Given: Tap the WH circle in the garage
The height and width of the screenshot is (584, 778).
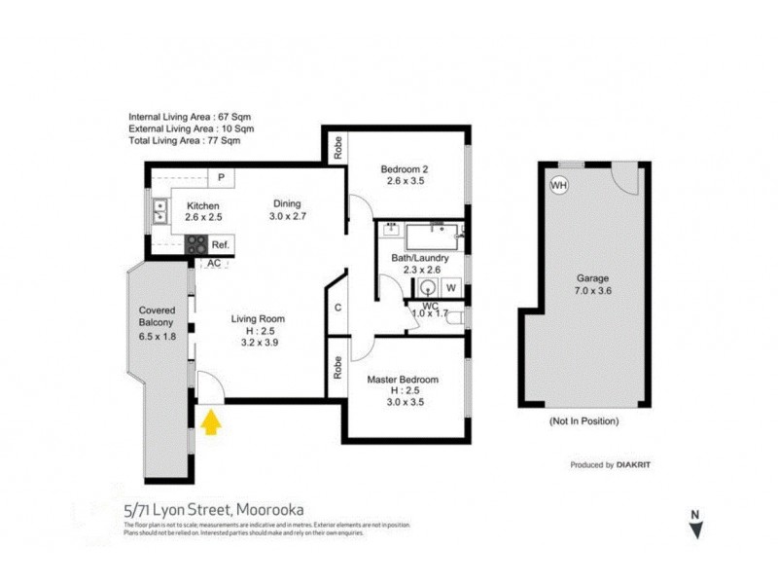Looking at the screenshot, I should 558,184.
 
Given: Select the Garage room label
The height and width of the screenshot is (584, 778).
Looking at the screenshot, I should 592,277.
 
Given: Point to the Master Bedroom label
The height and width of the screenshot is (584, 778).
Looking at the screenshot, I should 403,380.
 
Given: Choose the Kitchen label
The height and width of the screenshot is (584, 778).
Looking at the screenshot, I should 203,206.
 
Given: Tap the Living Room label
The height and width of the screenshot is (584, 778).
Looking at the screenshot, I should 258,318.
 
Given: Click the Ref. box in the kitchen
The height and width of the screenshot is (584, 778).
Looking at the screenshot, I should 220,244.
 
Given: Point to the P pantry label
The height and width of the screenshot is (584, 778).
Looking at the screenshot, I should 222,177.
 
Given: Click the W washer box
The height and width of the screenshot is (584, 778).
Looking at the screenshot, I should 450,287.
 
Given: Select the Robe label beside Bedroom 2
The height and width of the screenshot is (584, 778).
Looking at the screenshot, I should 337,148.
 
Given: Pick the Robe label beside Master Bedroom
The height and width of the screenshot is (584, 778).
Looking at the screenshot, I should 336,367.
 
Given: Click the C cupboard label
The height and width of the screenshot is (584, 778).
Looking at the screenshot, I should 336,308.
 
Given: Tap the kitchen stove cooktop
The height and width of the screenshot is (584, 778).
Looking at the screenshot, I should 194,244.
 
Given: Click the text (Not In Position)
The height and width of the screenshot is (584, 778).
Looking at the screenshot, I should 583,421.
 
